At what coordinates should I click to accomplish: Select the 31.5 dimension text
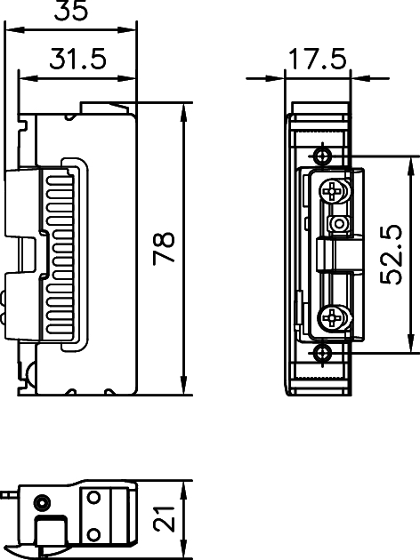coord(77,60)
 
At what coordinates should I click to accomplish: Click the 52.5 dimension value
coord(392,254)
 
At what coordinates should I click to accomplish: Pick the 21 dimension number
coord(164,519)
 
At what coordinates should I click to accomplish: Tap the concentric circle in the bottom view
coord(42,505)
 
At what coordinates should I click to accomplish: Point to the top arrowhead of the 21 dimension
coord(184,488)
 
